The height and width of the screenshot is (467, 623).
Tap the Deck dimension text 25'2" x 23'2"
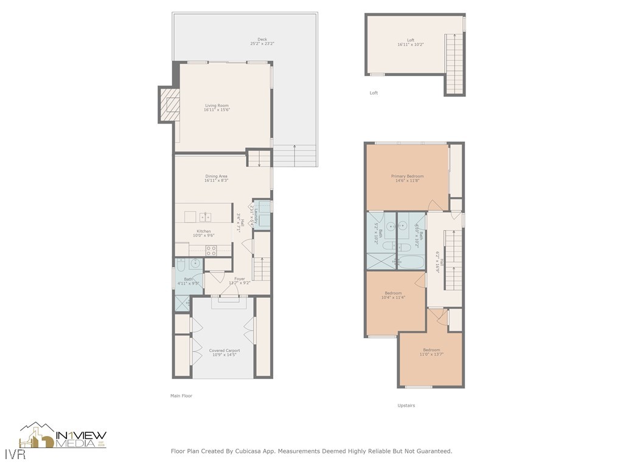(x=262, y=44)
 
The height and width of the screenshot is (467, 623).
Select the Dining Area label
(x=216, y=176)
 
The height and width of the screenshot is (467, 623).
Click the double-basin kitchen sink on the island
(x=206, y=217)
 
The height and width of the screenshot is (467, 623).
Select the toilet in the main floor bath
(x=181, y=265)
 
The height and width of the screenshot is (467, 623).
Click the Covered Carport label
(x=224, y=351)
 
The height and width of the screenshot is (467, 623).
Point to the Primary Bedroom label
(x=407, y=176)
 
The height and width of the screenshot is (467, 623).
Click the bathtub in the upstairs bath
(x=410, y=262)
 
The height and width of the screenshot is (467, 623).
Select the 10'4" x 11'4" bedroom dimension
(x=393, y=297)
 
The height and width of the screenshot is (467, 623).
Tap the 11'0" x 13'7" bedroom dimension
(x=431, y=354)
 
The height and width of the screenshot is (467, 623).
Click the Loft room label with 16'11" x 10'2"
(x=411, y=40)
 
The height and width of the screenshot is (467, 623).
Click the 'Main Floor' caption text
(x=181, y=396)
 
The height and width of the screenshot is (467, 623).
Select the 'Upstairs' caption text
(x=406, y=406)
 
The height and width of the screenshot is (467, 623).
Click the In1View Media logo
(x=63, y=437)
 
